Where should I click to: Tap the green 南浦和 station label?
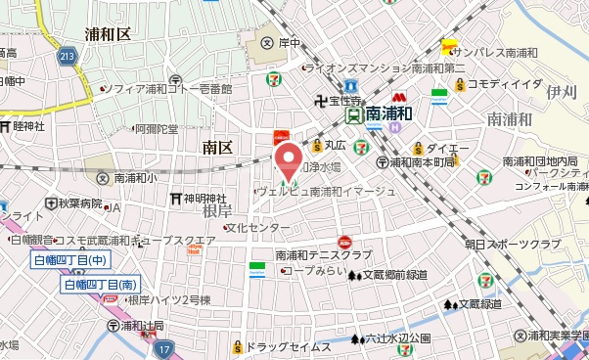(x=388, y=114)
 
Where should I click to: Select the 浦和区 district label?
(x=108, y=34)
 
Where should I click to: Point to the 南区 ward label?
(x=216, y=148)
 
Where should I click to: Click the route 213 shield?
(x=67, y=57)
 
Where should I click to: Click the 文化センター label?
(x=257, y=228)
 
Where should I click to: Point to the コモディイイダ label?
(x=504, y=85)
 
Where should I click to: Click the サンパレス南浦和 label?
(x=499, y=52)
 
